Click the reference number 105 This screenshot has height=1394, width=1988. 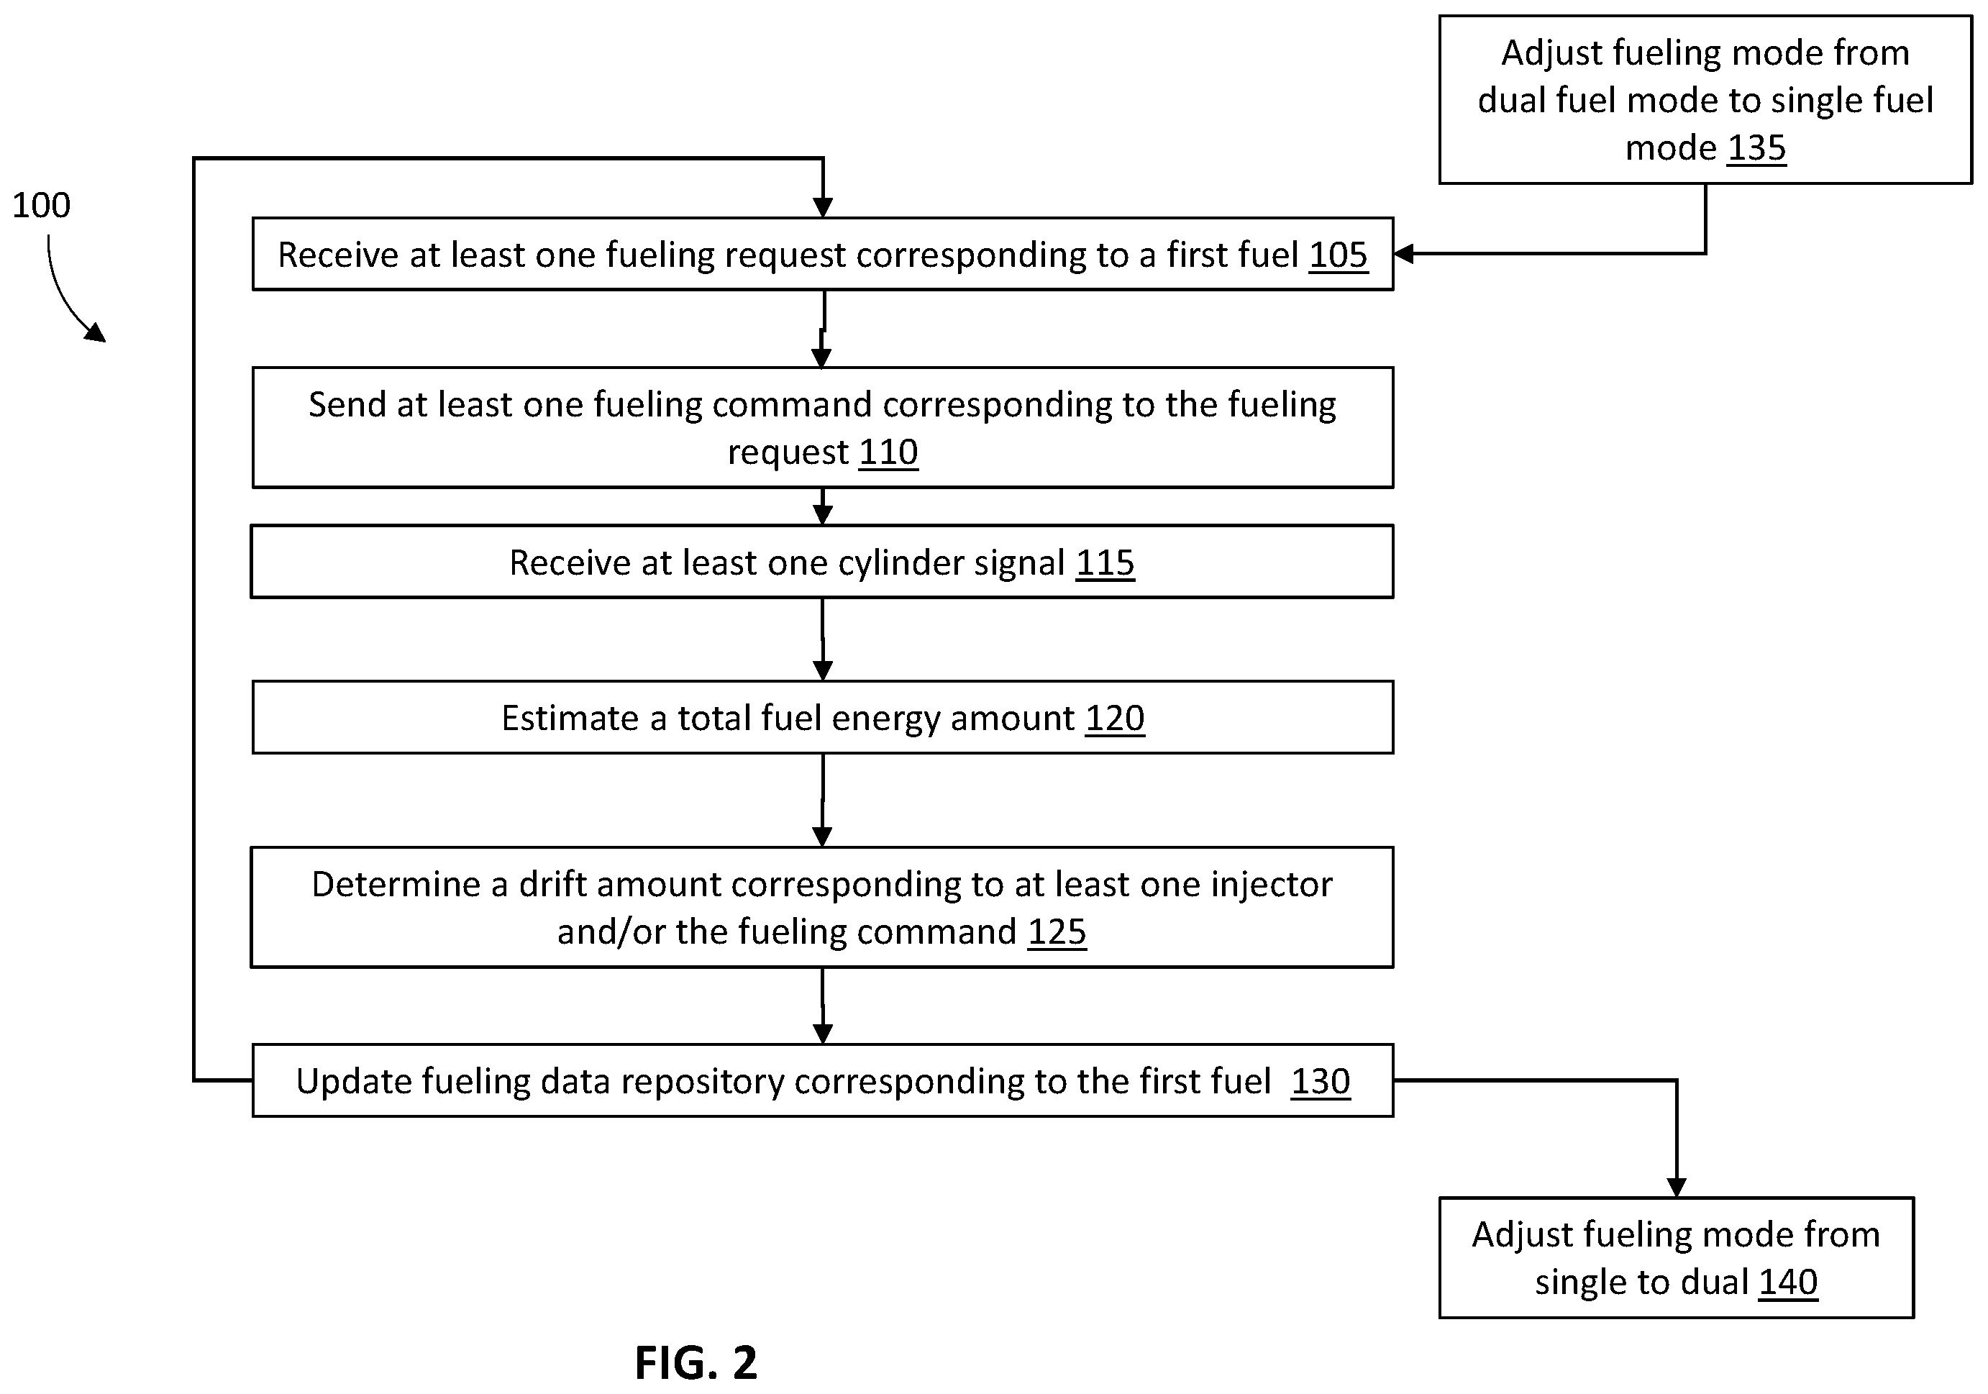[x=1338, y=255]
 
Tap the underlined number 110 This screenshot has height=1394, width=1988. [x=888, y=452]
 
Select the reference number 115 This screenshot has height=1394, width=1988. [x=1105, y=562]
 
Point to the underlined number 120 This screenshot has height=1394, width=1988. [x=1116, y=719]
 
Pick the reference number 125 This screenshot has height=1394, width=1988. [x=1057, y=931]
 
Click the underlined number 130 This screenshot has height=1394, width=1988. [x=1321, y=1081]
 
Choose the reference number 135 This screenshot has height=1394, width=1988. [x=1757, y=148]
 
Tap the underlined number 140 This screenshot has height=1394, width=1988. [x=1788, y=1283]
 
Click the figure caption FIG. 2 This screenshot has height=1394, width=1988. [x=696, y=1363]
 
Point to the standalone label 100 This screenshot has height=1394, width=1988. [x=41, y=205]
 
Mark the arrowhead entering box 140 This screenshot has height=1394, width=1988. [x=1677, y=1187]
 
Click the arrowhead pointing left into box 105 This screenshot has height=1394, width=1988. [x=1403, y=254]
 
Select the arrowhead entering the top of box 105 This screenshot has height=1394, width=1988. [x=823, y=208]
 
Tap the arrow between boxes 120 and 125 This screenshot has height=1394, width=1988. [x=823, y=801]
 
